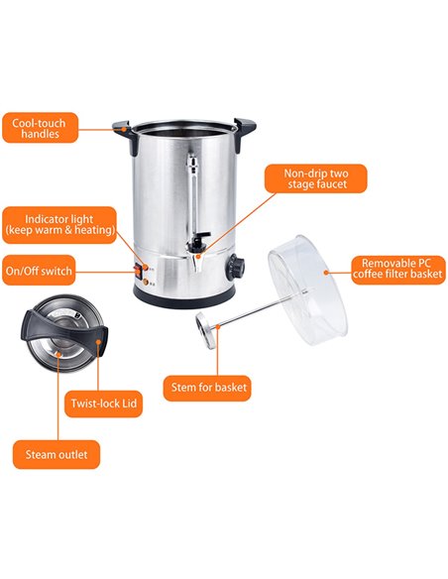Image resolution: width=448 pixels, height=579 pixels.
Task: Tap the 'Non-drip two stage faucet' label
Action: click(x=316, y=177)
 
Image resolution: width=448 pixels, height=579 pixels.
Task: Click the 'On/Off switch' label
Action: click(x=39, y=270)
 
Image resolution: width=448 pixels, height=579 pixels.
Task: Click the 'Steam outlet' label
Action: click(x=56, y=455)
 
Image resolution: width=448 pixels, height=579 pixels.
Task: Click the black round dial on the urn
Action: click(x=237, y=265)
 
